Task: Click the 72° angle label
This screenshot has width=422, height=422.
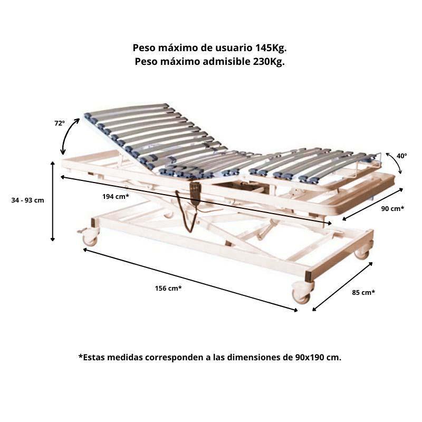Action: click(60, 123)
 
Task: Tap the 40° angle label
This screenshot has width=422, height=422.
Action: click(401, 156)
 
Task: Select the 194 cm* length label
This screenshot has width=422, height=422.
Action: click(116, 196)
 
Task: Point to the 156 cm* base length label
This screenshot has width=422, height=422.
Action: click(168, 288)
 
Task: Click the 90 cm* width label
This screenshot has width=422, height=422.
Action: click(392, 208)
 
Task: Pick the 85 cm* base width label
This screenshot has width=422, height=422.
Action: click(363, 292)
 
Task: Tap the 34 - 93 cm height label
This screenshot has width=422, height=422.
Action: click(28, 200)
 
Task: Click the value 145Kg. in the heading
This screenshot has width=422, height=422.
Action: click(270, 48)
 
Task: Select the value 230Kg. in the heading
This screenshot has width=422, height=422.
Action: click(268, 62)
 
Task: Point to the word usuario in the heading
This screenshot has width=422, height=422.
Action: click(233, 48)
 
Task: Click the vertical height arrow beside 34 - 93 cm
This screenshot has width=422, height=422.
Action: click(53, 202)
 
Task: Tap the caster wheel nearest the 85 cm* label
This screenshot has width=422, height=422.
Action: click(302, 293)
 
